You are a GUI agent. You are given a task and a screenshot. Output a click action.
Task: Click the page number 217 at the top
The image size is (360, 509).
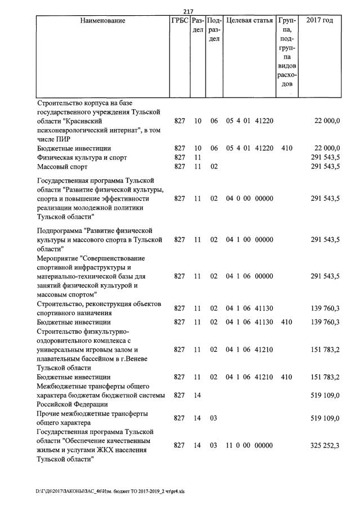[188, 11]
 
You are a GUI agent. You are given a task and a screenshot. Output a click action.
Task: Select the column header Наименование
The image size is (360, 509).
[103, 21]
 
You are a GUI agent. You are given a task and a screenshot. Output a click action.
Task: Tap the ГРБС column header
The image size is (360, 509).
[179, 21]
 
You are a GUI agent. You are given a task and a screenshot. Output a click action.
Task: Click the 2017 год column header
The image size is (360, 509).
[319, 21]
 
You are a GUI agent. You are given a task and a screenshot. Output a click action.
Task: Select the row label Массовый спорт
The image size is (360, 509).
[63, 167]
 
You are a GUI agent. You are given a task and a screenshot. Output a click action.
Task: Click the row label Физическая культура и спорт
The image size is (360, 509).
[82, 157]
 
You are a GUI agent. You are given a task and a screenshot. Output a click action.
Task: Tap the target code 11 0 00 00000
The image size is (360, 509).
[250, 445]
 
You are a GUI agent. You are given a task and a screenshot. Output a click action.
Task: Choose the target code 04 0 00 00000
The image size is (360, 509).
[250, 198]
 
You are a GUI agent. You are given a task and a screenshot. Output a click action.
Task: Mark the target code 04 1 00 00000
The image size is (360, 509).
[250, 240]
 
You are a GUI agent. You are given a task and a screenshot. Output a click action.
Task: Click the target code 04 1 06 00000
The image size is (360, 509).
[250, 276]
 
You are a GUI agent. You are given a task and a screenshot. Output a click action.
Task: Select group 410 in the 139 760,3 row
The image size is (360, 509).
[286, 322]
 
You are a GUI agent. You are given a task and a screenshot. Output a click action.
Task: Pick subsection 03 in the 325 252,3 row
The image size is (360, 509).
[214, 445]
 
